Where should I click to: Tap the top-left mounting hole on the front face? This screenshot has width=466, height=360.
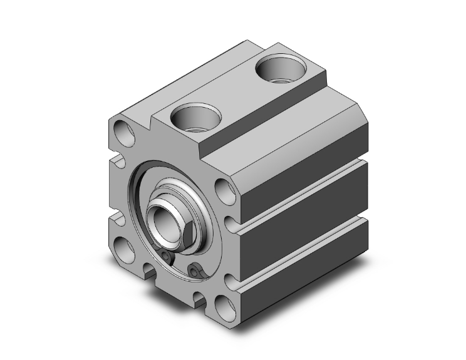pyautogui.click(x=124, y=133)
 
